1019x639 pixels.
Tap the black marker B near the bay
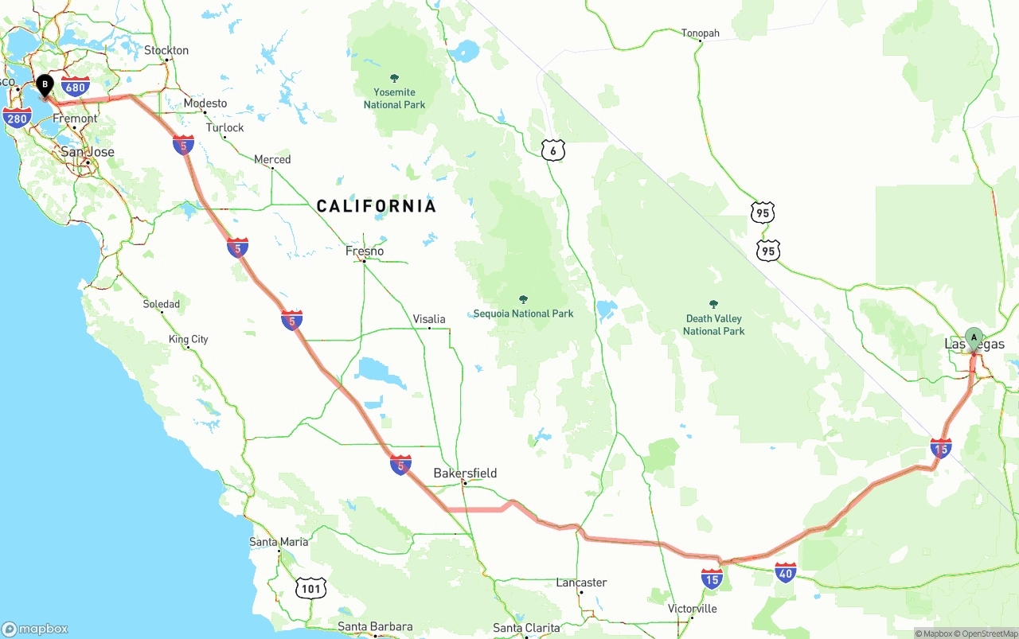[x=45, y=84]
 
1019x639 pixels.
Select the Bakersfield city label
[x=465, y=473]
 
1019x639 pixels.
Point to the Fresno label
[x=365, y=251]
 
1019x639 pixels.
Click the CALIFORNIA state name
[x=377, y=207]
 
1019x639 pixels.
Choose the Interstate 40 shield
[x=785, y=572]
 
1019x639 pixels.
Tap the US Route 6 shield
[x=553, y=150]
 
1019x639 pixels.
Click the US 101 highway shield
[x=310, y=588]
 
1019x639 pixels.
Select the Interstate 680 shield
[x=74, y=87]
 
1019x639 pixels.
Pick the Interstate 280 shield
[x=17, y=119]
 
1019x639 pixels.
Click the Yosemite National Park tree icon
[x=394, y=79]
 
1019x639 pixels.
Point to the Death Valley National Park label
[x=713, y=325]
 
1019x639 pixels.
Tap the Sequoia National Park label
[x=523, y=314]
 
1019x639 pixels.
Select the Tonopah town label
[x=700, y=33]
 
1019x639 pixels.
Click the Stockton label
[x=166, y=50]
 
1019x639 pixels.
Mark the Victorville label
[x=692, y=609]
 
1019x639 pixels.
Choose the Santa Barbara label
[x=375, y=627]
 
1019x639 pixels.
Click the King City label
[x=189, y=339]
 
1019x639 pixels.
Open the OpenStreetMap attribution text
[x=986, y=633]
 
